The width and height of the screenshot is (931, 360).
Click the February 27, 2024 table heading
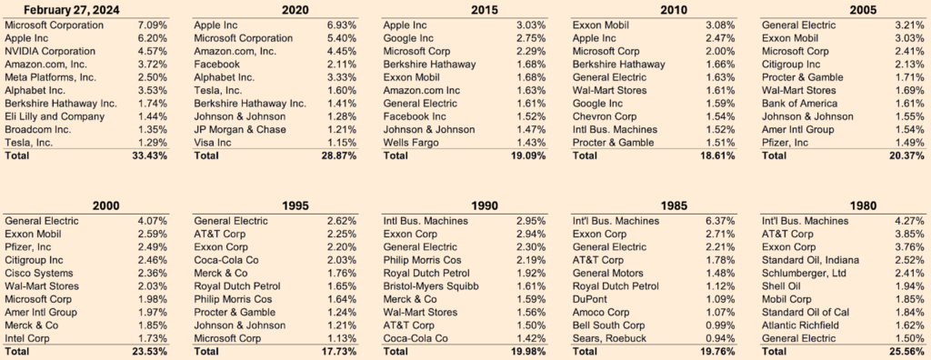pos(71,10)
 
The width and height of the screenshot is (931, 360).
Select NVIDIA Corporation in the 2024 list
pos(50,51)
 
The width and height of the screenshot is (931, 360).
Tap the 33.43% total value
pos(148,155)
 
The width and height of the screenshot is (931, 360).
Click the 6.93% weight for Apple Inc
pos(342,25)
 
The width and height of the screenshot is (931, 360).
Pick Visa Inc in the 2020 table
pos(213,143)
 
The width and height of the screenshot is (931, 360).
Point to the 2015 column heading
pos(485,10)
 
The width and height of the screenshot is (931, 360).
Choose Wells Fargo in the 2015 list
pos(410,143)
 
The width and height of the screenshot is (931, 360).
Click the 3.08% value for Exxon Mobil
pos(720,25)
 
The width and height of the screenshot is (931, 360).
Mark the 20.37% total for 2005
pos(906,155)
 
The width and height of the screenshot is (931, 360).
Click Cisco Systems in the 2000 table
pos(39,274)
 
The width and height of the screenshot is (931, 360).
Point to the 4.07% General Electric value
pos(152,221)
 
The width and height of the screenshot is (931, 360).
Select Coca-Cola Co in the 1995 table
pos(225,260)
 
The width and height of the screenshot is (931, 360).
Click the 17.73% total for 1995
pos(338,352)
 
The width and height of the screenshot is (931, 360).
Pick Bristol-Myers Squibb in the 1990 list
pos(431,286)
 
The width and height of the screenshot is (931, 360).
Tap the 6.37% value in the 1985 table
pos(720,221)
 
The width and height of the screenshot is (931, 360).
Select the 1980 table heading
pos(864,206)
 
